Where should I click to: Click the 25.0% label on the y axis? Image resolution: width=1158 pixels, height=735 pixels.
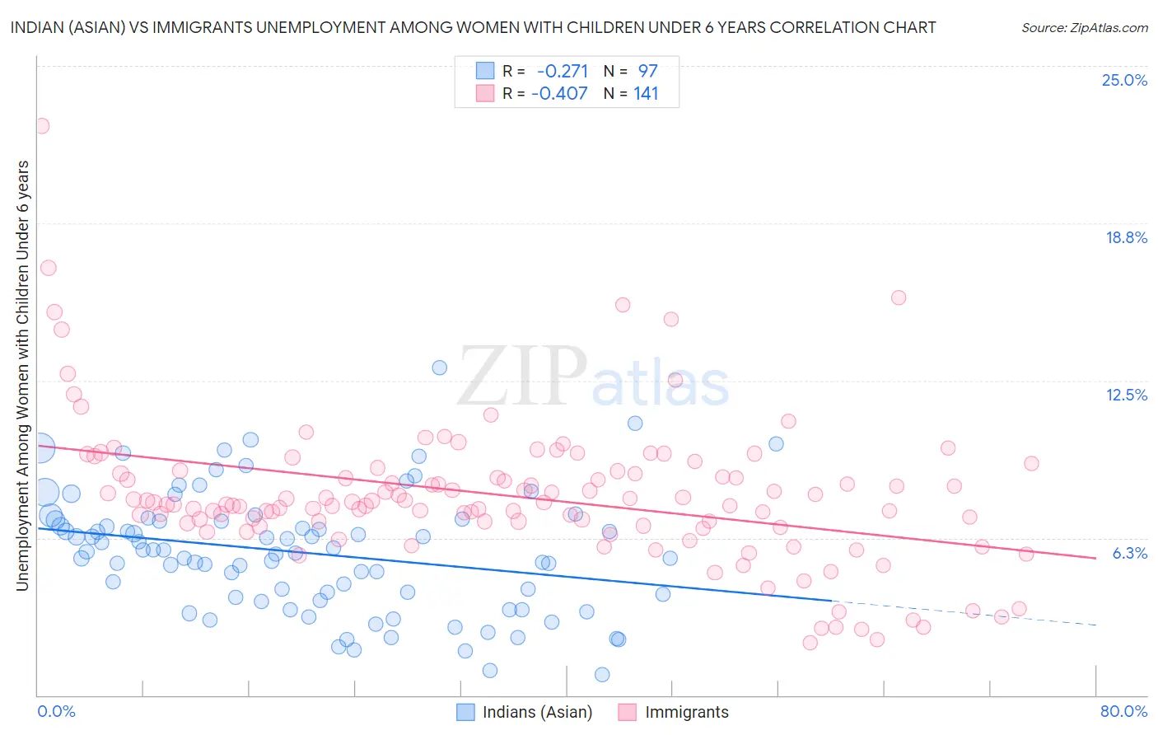coord(1124,80)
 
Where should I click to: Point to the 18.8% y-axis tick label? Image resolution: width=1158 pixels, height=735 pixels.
coord(1126,237)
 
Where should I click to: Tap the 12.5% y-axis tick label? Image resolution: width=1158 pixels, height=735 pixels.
coord(1126,395)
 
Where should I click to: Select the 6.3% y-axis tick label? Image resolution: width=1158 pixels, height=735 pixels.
coord(1129,553)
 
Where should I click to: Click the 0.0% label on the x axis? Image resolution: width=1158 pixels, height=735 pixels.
coord(56,711)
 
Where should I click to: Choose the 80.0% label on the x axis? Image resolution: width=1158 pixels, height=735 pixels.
coord(1123,711)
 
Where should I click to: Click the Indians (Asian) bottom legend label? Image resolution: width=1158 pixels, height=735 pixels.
coord(537,712)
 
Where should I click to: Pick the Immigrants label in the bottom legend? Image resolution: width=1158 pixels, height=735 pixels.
coord(686,712)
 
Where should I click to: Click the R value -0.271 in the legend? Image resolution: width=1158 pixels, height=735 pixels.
coord(563,71)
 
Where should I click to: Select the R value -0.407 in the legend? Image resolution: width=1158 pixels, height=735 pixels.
coord(559,93)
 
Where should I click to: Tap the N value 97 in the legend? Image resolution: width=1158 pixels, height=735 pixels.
coord(647,71)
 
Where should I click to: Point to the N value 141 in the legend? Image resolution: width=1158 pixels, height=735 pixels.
coord(646,93)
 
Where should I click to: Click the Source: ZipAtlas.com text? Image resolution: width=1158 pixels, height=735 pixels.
coord(1084,27)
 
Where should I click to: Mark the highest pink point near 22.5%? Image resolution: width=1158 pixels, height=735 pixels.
coord(41,126)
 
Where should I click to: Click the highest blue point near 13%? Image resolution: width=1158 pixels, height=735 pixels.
coord(440,367)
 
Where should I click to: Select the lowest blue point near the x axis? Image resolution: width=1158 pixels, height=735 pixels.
coord(602,674)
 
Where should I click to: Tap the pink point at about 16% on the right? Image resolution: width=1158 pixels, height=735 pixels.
coord(899,297)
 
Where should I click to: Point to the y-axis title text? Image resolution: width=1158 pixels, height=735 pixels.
coord(22,375)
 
